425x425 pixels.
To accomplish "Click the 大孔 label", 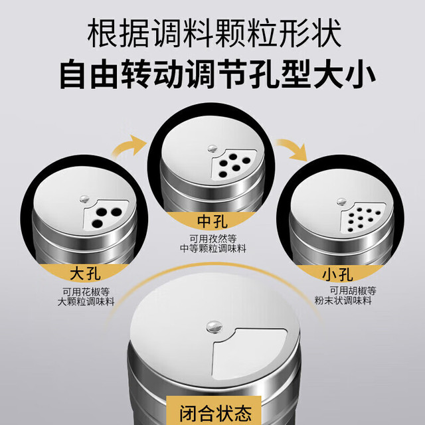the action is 86,274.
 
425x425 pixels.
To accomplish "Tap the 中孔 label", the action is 212,221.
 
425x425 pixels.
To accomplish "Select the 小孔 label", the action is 338,274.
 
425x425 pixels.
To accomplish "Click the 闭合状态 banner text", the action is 216,413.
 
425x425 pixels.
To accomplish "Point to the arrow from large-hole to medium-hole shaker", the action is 129,146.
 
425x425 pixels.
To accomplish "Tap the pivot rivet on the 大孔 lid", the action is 85,199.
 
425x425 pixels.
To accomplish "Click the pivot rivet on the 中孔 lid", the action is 212,148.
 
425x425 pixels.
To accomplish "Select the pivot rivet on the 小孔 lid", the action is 341,201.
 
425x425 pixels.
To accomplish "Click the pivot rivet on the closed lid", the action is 214,326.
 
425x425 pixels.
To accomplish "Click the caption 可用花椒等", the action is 86,292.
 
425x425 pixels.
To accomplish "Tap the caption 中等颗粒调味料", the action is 213,248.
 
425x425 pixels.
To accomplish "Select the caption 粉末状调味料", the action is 343,301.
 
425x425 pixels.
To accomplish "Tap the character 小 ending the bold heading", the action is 361,74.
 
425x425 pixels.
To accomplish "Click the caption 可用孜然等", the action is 213,239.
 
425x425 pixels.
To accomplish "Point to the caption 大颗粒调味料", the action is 86,301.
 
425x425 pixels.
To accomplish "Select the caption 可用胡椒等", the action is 353,291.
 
